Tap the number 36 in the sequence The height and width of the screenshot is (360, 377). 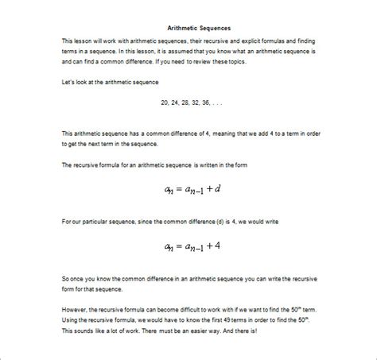(205, 103)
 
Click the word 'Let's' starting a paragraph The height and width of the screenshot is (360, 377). (69, 83)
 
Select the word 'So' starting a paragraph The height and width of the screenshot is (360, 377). (65, 278)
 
